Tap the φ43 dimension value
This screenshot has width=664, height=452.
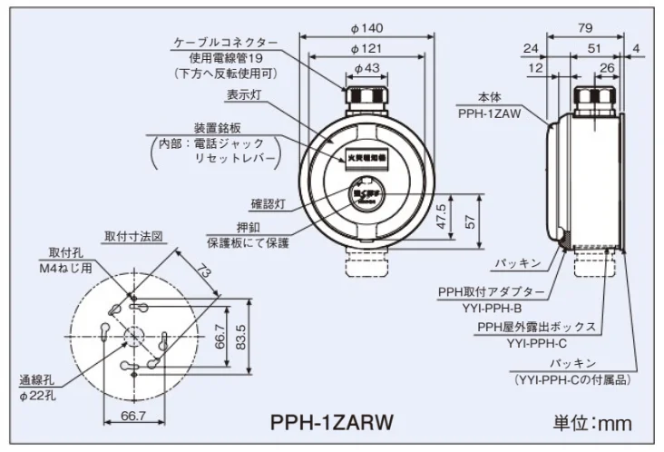click(x=366, y=68)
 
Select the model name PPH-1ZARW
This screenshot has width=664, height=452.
click(x=332, y=423)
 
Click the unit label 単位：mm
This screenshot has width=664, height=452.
click(x=592, y=423)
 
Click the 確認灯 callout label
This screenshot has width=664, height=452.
click(x=269, y=203)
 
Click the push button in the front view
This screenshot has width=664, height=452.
click(x=366, y=194)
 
